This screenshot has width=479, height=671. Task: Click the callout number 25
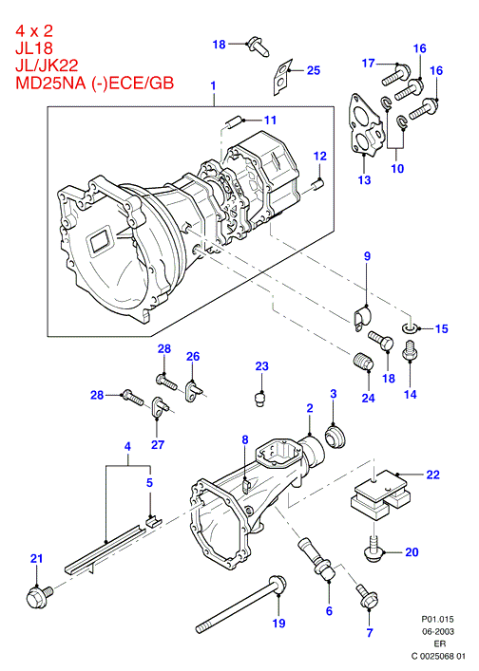coord(314,70)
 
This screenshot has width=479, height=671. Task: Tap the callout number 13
coord(364,179)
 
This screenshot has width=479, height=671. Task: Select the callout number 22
coord(432,475)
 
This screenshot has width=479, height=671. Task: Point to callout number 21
coord(37,558)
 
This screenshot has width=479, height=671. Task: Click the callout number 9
coord(367,256)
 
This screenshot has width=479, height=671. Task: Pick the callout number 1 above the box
coord(214,85)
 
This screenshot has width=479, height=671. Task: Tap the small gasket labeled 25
coord(282,76)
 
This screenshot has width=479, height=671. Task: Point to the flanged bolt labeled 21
coord(39,596)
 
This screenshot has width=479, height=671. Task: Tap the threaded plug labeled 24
coord(364,362)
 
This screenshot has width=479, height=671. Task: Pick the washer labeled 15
coord(410,328)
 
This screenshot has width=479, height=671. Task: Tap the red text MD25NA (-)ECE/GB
coord(95,83)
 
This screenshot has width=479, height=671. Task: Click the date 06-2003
coord(437,631)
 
